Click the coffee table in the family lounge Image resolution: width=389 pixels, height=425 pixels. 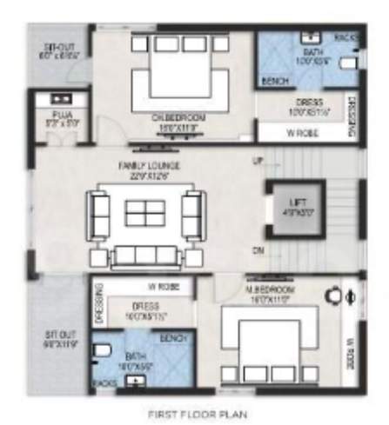[x=143, y=214]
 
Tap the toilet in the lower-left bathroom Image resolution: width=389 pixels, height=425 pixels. [x=102, y=351]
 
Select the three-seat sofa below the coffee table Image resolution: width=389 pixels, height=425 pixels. [x=144, y=255]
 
